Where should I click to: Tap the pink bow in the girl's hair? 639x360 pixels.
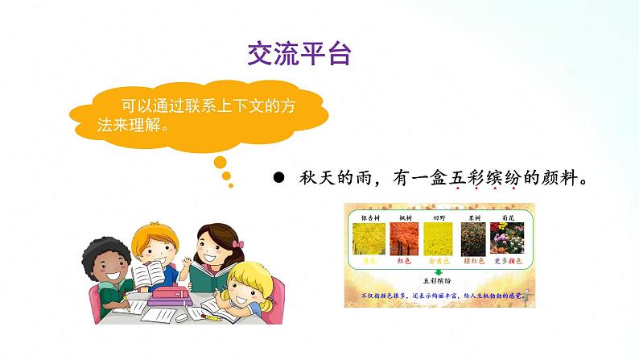point(237,244)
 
